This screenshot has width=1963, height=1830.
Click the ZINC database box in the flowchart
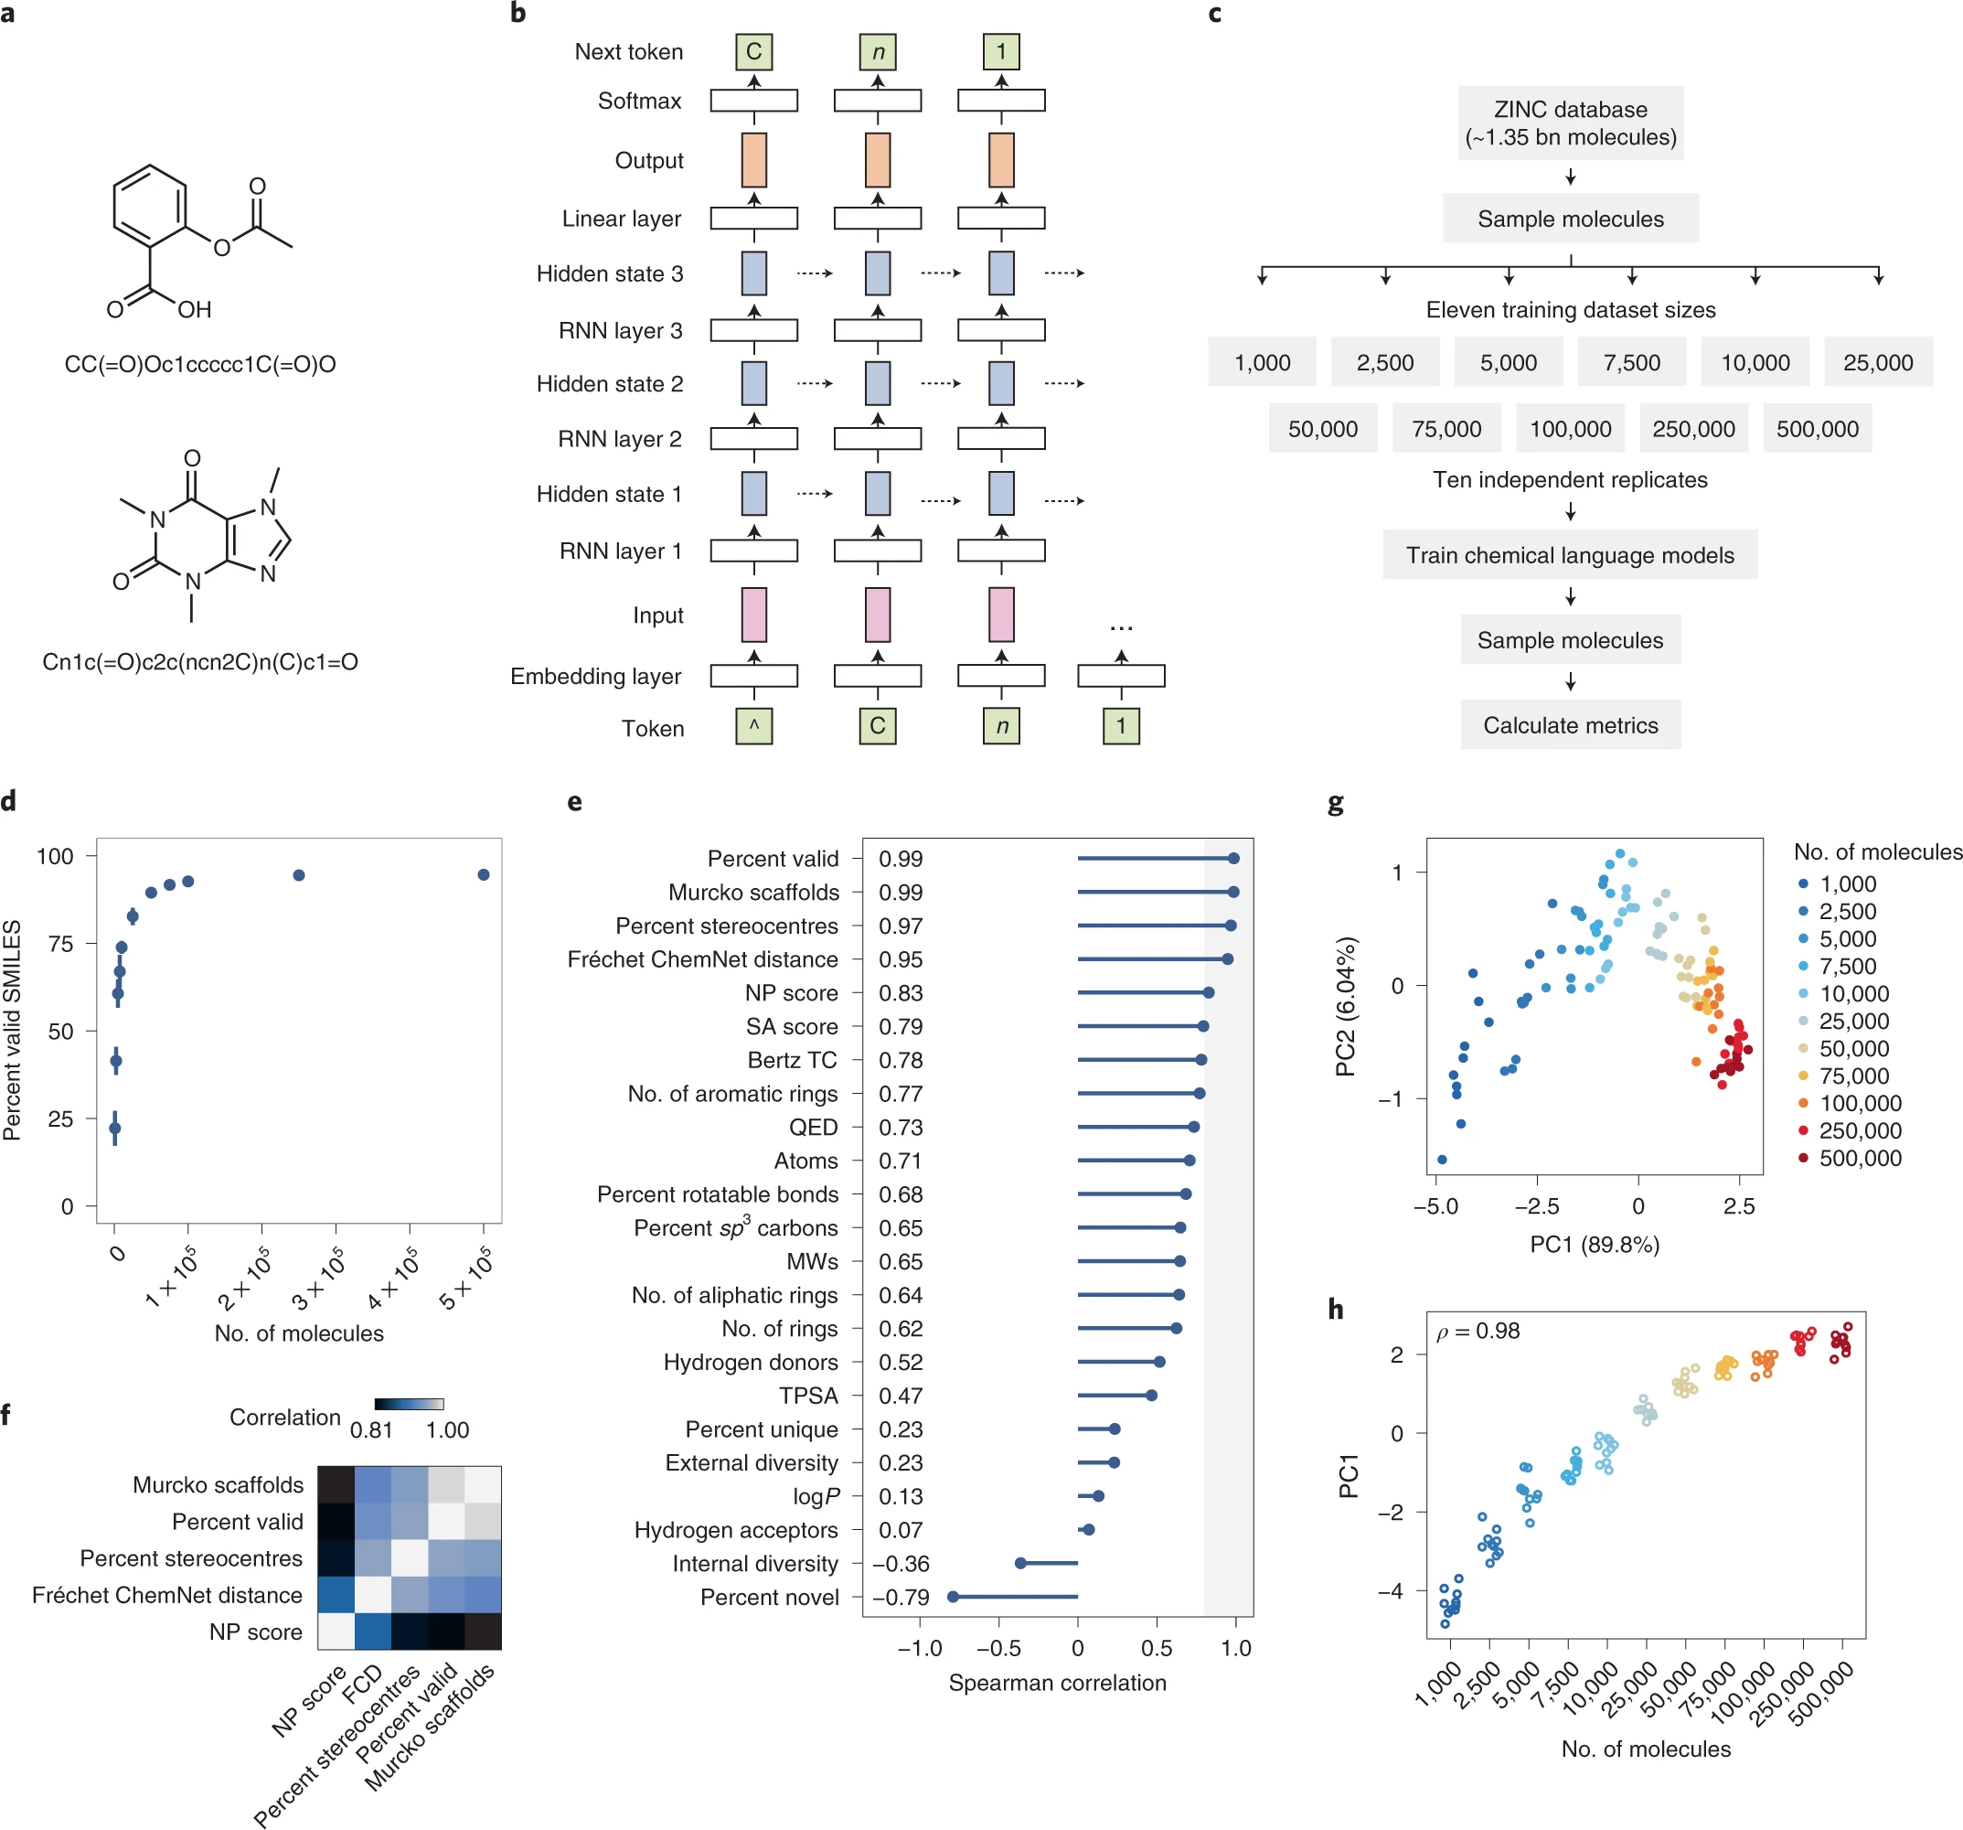(1570, 123)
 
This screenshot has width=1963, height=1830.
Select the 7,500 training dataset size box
(1631, 362)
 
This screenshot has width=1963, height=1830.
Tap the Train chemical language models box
(1569, 555)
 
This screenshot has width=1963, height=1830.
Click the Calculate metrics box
(1570, 725)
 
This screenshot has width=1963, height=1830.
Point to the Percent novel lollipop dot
(953, 1597)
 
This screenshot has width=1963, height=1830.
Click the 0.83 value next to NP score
(901, 993)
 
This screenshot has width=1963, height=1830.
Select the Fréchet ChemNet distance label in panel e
(702, 959)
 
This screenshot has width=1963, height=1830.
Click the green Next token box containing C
(753, 51)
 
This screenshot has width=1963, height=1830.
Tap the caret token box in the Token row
(753, 727)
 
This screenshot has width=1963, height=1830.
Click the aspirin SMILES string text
(199, 364)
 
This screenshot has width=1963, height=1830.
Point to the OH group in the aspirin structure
(195, 310)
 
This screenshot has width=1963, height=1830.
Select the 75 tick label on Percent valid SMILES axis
(60, 944)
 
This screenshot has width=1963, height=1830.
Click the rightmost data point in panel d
(484, 875)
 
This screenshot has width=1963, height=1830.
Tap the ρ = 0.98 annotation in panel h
(1478, 1332)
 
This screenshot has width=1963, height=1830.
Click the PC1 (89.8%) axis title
(1594, 1245)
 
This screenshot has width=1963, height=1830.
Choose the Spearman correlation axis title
(1057, 1683)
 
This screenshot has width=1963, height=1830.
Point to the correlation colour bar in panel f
(409, 1403)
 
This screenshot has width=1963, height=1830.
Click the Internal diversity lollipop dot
(1021, 1563)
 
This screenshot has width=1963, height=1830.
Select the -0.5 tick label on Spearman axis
(998, 1648)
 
